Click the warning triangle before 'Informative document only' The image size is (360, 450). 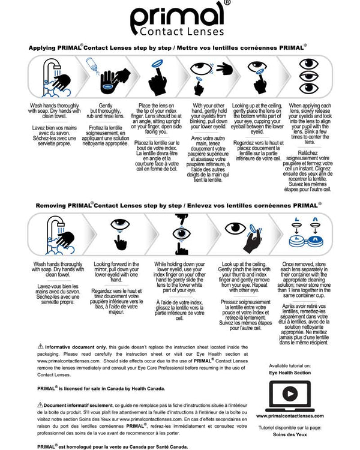(x=40, y=346)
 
